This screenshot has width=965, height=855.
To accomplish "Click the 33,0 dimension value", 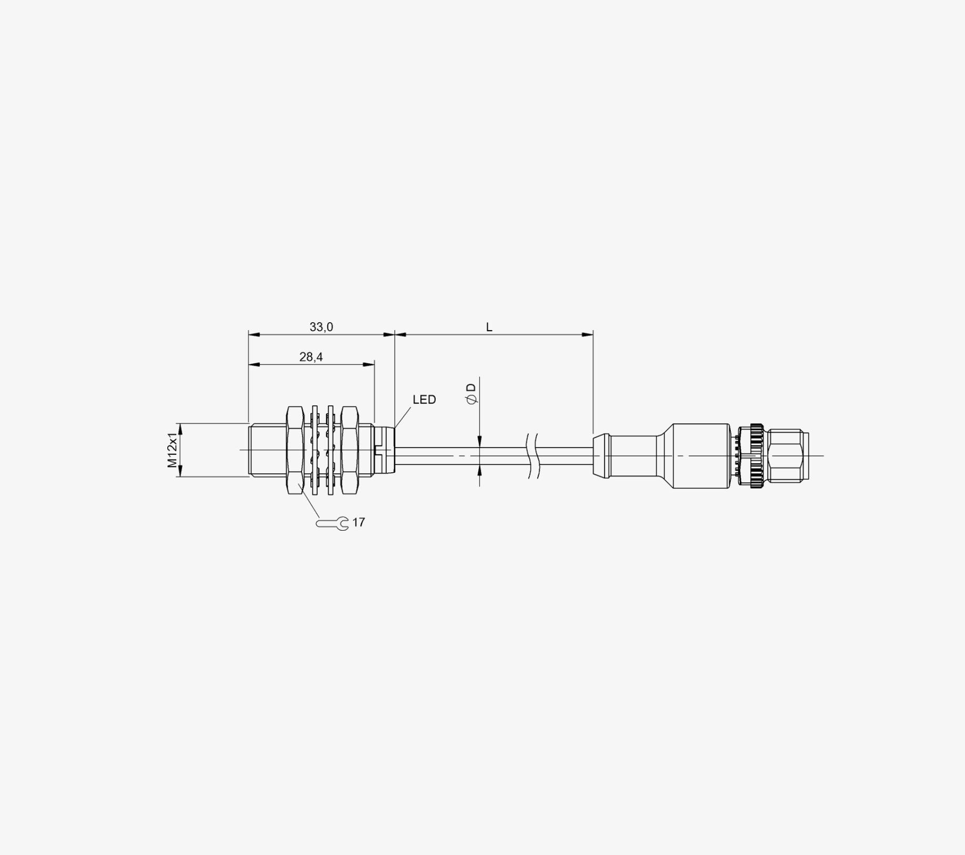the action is (321, 327).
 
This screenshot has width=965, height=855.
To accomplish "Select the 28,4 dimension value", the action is (311, 357).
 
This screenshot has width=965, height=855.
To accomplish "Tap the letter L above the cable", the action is (489, 327).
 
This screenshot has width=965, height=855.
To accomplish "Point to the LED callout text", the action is (424, 400).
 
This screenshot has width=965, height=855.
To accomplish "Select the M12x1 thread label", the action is (172, 450).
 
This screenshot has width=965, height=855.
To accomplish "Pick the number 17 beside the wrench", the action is (358, 522).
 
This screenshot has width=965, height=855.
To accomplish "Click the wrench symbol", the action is (332, 524).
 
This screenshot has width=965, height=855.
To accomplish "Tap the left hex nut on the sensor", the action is (295, 450).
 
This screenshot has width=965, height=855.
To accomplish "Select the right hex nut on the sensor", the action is (350, 450).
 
